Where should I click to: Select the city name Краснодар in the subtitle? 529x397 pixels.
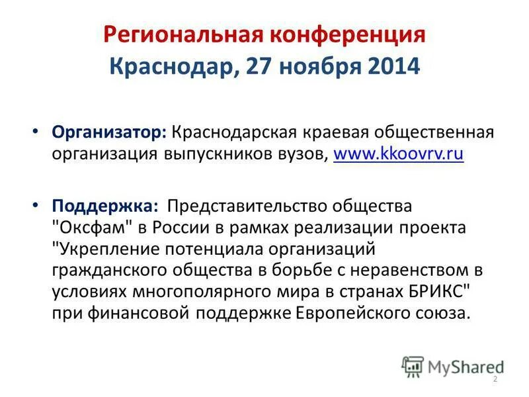pyautogui.click(x=169, y=67)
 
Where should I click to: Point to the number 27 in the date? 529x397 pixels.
pyautogui.click(x=258, y=67)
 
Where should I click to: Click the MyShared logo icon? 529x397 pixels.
pyautogui.click(x=413, y=365)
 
